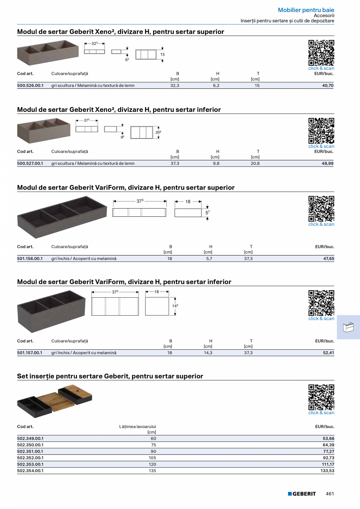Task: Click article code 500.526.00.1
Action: pos(30,85)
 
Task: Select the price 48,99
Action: pos(328,164)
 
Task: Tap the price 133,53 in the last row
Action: pos(327,471)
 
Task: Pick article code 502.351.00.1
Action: pos(30,451)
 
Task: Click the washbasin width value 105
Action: pos(152,458)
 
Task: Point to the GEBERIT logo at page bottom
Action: pos(302,494)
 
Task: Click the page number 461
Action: pos(330,494)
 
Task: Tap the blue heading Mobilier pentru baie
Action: pos(306,10)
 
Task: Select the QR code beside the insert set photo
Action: pos(321,397)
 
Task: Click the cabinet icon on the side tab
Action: pos(348,327)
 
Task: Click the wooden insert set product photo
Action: pos(54,401)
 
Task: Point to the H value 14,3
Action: pos(208,353)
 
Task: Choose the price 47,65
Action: pos(329,258)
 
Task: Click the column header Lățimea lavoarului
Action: pos(137,426)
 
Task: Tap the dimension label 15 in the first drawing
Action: pos(162,54)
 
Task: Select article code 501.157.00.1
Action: pos(30,353)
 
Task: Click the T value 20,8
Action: pos(255,164)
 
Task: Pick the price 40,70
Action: pos(328,85)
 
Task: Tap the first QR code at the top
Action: pos(321,53)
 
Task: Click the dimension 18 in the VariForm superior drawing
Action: pos(188,201)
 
